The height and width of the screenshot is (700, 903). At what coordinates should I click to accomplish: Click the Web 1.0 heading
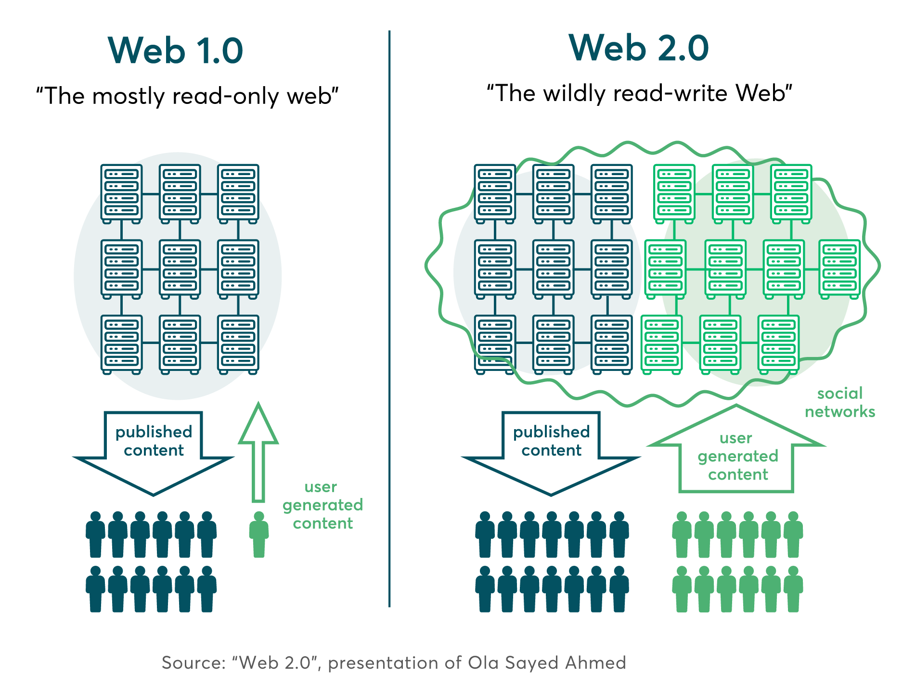[x=176, y=50]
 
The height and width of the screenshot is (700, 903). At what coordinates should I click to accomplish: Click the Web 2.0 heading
[x=639, y=48]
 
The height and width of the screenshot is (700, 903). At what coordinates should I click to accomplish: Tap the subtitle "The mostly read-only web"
[x=187, y=96]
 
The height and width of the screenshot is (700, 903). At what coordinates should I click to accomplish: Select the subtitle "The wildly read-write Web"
[x=639, y=93]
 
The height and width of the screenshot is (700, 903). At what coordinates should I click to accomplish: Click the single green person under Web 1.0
[x=259, y=534]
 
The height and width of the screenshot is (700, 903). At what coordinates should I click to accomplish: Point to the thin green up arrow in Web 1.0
[x=258, y=452]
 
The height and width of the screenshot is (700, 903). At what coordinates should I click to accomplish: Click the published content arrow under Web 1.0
[x=154, y=453]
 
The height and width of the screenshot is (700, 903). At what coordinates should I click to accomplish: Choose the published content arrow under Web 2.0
[x=551, y=453]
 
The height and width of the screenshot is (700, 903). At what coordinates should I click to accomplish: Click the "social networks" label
[x=840, y=402]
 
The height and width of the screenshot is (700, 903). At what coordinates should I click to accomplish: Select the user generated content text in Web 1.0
[x=322, y=505]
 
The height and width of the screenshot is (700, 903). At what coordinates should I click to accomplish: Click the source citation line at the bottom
[x=394, y=662]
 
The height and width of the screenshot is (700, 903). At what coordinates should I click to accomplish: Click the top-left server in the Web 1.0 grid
[x=121, y=194]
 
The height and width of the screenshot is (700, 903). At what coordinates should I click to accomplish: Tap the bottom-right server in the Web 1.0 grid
[x=238, y=344]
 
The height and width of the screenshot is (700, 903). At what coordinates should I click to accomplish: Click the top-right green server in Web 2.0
[x=791, y=194]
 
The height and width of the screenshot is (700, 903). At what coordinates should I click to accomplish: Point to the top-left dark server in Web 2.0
[x=495, y=194]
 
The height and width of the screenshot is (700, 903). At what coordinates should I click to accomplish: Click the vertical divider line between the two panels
[x=389, y=318]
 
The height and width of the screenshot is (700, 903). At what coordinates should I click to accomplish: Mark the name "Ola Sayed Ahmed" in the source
[x=547, y=663]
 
